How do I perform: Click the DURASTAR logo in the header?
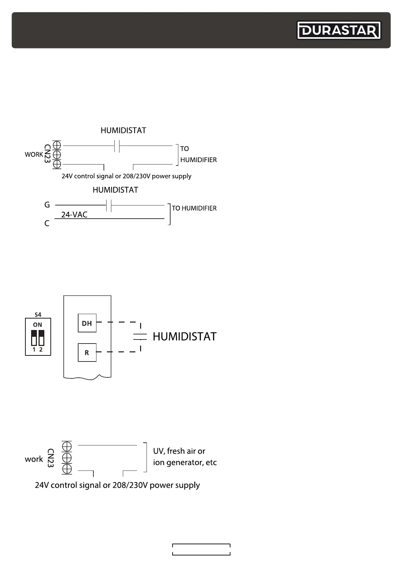339,31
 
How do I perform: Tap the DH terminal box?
87,323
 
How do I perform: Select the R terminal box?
87,352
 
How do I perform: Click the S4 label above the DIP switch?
38,314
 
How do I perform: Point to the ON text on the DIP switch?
38,325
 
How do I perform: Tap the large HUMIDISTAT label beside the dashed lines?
184,336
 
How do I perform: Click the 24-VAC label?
74,215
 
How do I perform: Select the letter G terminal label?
47,205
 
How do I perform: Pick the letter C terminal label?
47,223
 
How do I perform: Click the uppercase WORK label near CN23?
34,154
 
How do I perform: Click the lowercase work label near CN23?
34,459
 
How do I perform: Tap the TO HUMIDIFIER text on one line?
194,208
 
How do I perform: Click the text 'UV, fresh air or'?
179,451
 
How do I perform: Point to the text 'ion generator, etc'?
185,462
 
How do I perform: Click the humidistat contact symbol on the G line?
109,205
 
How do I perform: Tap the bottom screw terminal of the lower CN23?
67,469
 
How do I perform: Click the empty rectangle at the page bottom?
201,549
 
